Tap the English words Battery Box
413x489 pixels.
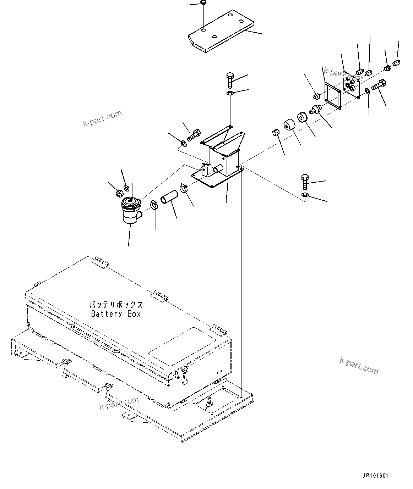116,314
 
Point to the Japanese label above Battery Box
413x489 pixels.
116,305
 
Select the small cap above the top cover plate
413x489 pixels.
204,3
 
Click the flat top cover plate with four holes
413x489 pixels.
221,31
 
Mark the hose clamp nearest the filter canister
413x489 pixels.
154,204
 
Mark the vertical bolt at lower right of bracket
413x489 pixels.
304,182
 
